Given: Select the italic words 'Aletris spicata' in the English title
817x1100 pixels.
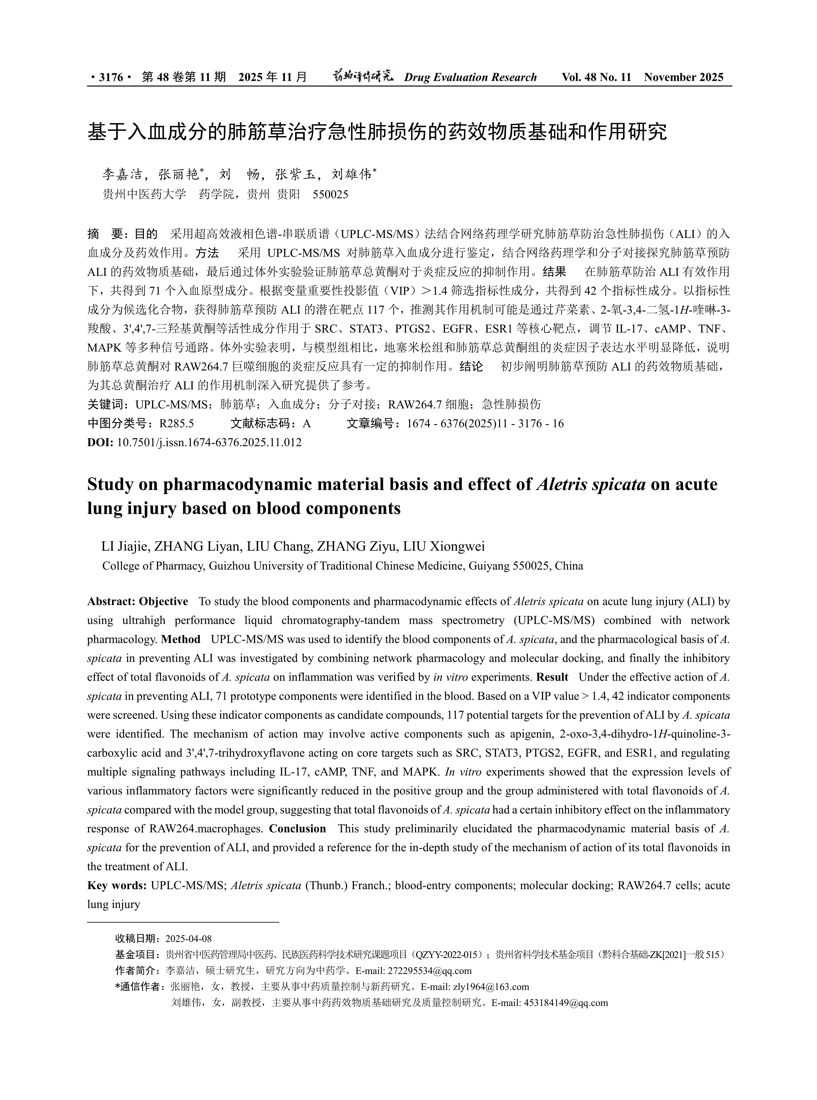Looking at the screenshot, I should point(591,484).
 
